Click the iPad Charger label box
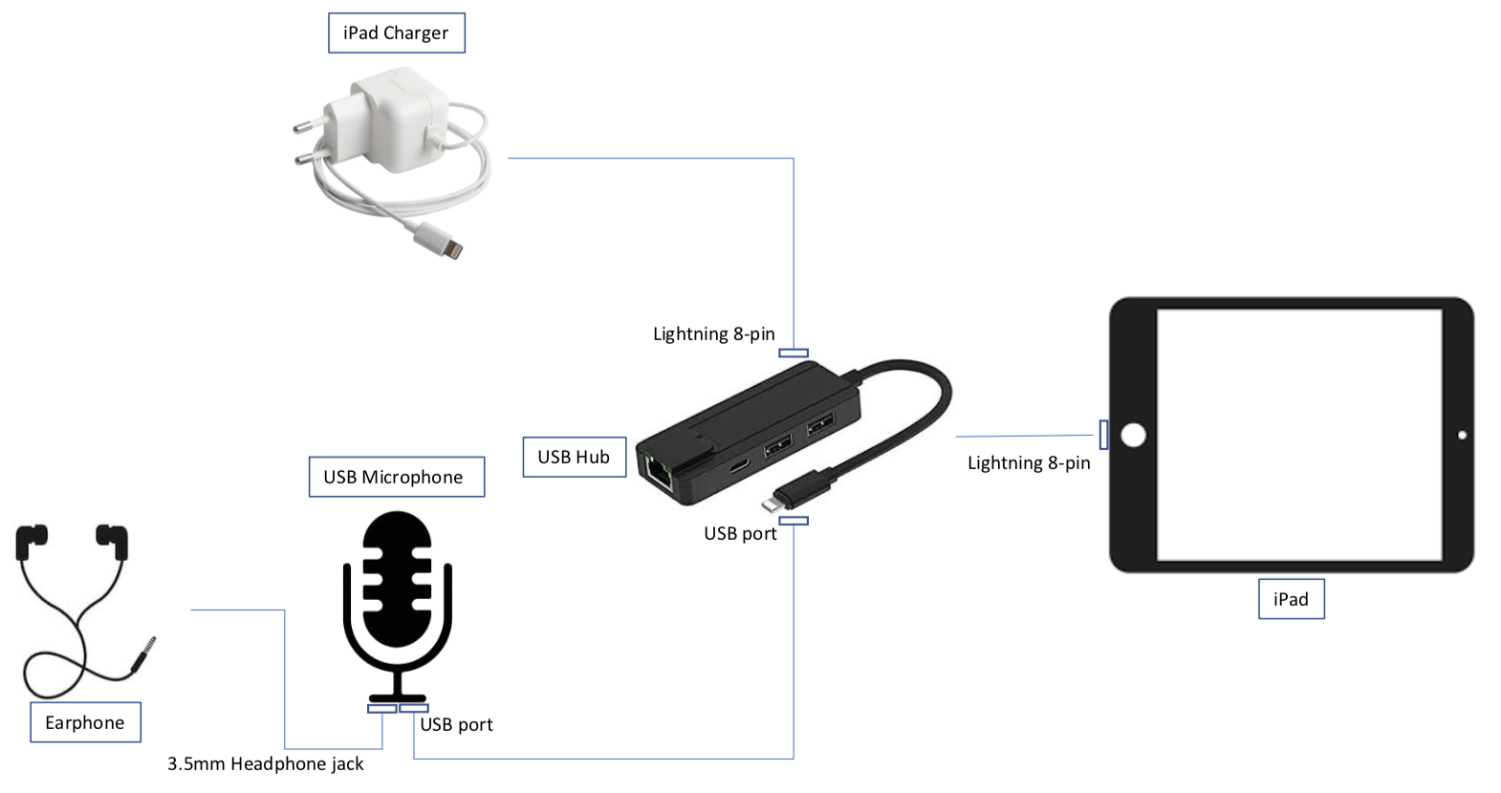396,33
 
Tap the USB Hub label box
574,457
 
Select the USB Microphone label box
396,477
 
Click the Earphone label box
85,722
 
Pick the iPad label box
1291,599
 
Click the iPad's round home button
1133,436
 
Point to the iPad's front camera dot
1462,436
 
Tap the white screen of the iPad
1298,435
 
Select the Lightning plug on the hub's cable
777,499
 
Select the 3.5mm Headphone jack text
265,763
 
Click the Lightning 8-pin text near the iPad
1028,463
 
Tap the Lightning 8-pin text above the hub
713,334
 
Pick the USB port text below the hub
740,534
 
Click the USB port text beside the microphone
456,725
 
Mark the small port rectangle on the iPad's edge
1103,435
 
